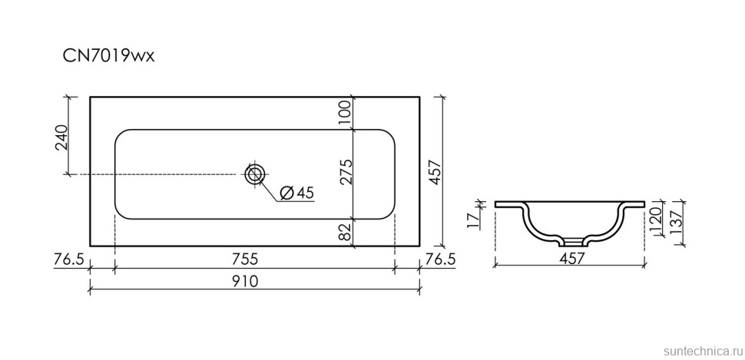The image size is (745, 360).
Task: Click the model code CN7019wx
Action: pyautogui.click(x=109, y=56)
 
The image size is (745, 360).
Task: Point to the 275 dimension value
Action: pyautogui.click(x=345, y=173)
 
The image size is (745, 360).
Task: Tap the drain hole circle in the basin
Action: pyautogui.click(x=254, y=174)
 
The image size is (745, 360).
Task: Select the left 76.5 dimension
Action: pyautogui.click(x=69, y=259)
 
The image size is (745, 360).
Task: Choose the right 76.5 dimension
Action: pyautogui.click(x=441, y=259)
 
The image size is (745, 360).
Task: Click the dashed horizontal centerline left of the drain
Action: pyautogui.click(x=154, y=174)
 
